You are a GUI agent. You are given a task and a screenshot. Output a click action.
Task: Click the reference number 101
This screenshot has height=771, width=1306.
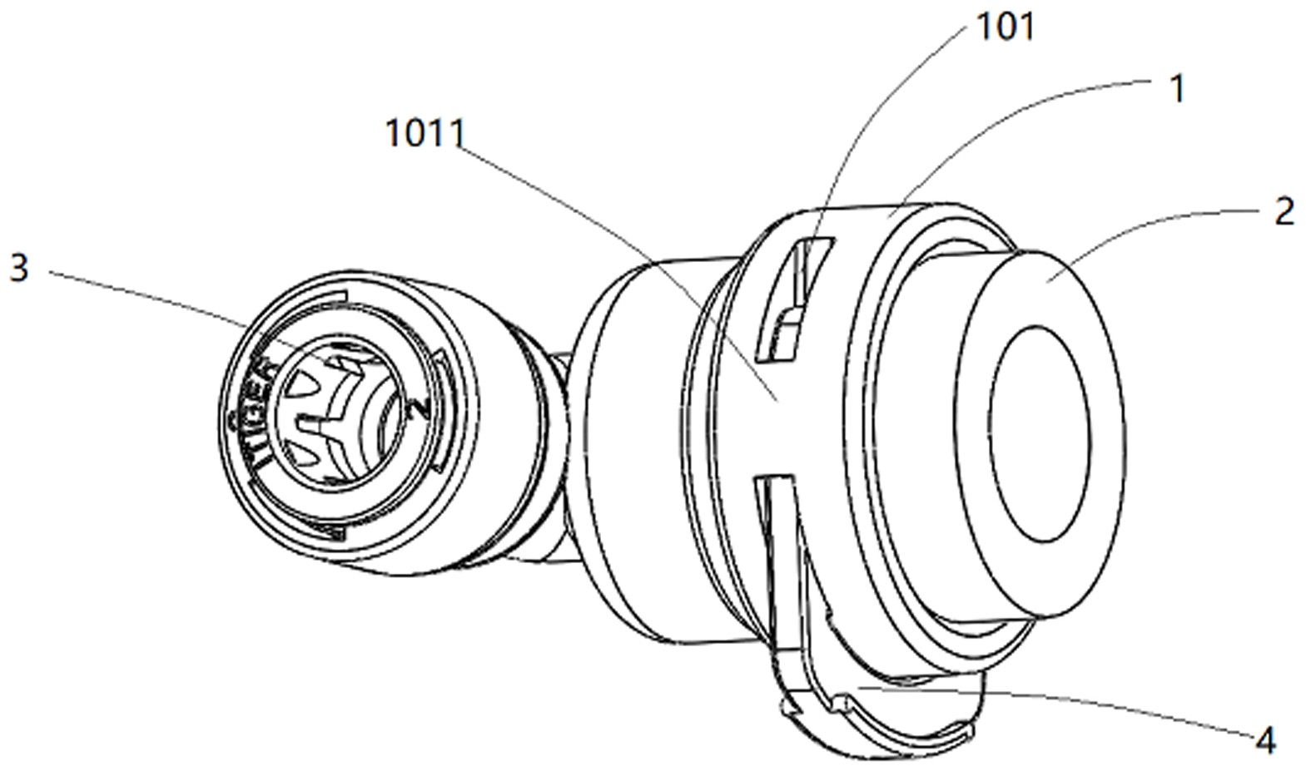point(1006,27)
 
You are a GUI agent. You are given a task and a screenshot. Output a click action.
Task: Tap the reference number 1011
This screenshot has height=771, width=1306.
point(425,133)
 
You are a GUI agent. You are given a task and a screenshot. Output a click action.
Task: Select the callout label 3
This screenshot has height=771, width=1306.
point(18,269)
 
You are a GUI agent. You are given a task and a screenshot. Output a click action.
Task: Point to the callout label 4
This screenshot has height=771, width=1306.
point(1265,739)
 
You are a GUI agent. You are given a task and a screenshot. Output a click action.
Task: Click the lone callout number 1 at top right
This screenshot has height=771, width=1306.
point(1177,89)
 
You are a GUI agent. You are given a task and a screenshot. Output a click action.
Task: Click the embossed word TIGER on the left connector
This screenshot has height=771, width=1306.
point(262,412)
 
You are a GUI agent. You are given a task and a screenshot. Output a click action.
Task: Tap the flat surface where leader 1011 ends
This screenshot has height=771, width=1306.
point(776,399)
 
